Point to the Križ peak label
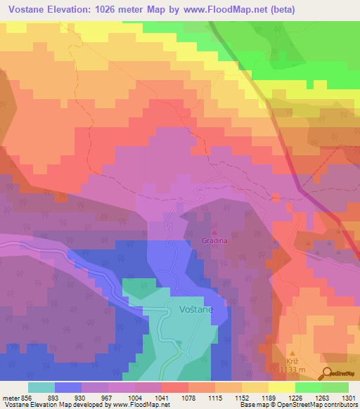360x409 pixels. (293, 359)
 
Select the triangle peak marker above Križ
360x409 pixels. (293, 351)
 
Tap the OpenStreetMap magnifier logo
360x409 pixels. (327, 374)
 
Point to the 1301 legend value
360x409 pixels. (349, 397)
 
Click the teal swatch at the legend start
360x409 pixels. (41, 387)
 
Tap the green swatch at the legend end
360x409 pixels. (335, 387)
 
